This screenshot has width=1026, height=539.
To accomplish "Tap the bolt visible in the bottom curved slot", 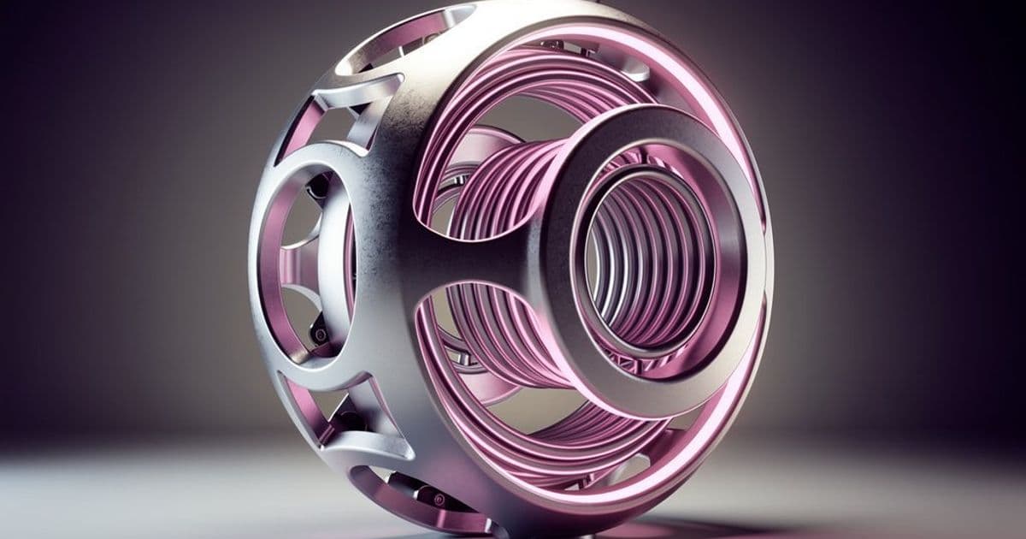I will click(x=439, y=498).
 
